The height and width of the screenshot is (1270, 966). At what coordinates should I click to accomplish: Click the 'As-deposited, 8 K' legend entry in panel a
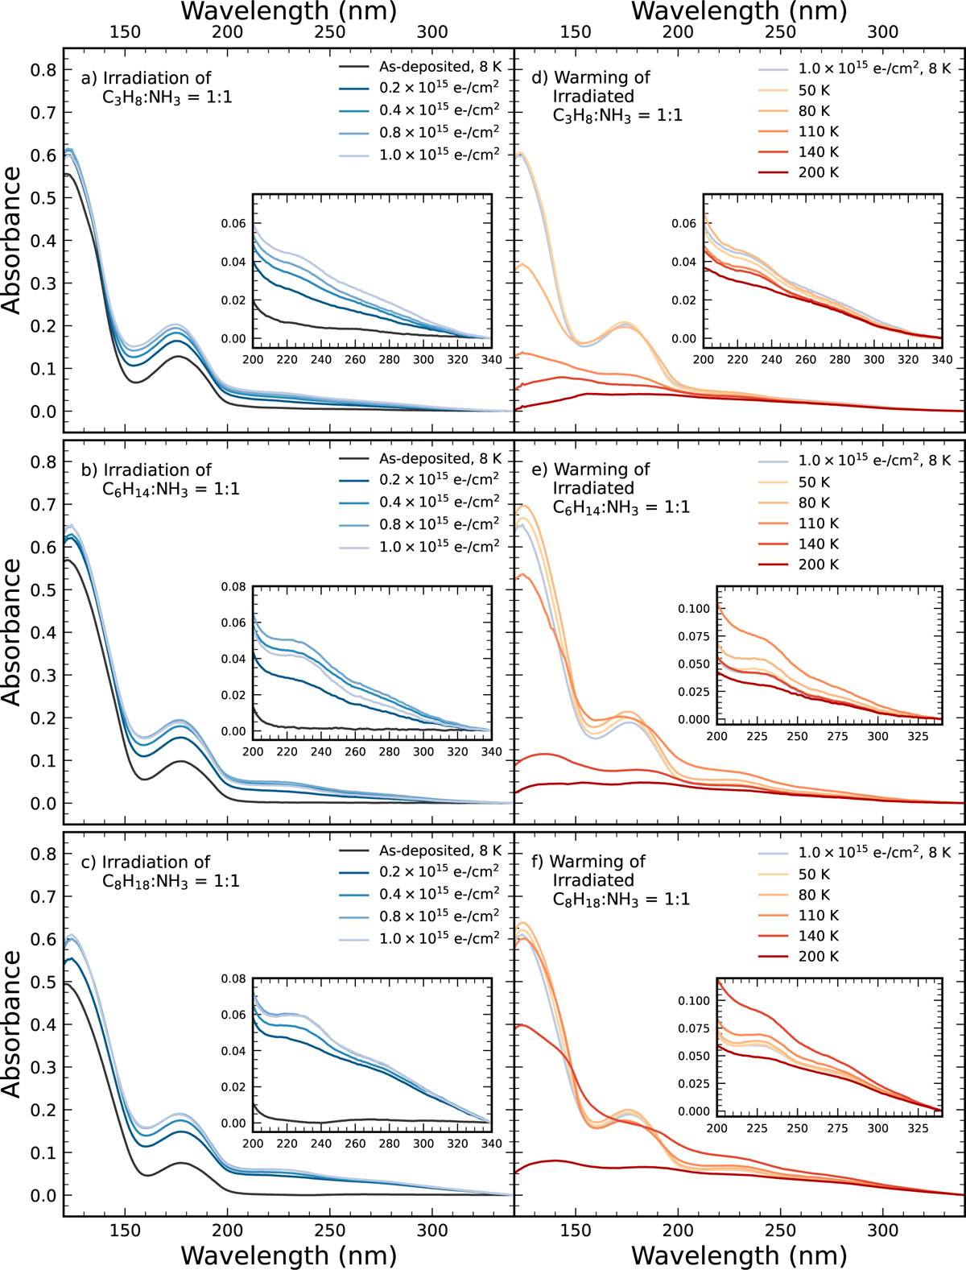click(x=440, y=67)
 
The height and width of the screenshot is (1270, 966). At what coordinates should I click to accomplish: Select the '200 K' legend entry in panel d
click(x=818, y=172)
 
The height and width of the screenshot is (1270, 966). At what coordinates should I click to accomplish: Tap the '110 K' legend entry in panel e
click(x=818, y=523)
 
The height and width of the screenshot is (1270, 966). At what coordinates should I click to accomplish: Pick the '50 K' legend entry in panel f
click(x=813, y=874)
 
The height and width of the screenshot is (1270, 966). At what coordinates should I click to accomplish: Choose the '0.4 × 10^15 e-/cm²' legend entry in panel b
click(x=440, y=501)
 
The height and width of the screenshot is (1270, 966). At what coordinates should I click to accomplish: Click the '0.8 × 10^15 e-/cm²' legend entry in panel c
click(x=440, y=916)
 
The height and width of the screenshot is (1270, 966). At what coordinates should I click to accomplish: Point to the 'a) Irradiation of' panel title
click(x=146, y=78)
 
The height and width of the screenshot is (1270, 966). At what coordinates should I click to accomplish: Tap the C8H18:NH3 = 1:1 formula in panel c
click(x=171, y=881)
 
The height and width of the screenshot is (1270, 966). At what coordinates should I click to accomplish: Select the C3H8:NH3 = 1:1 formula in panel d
click(x=617, y=115)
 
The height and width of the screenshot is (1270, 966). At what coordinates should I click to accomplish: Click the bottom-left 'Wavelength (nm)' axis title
click(x=288, y=1255)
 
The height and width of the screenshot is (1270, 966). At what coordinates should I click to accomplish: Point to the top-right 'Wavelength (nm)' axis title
click(x=739, y=11)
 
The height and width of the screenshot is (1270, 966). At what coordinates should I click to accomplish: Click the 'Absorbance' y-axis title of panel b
click(x=12, y=632)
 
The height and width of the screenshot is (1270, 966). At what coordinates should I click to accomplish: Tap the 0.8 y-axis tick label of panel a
click(x=43, y=70)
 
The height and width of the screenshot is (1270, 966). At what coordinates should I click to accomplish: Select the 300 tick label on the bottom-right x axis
click(x=883, y=1231)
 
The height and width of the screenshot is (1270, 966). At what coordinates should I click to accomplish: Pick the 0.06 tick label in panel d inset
click(x=683, y=223)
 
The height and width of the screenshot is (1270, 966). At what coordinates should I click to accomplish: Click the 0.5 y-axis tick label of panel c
click(x=43, y=982)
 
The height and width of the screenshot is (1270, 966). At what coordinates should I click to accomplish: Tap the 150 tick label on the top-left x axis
click(x=125, y=32)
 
